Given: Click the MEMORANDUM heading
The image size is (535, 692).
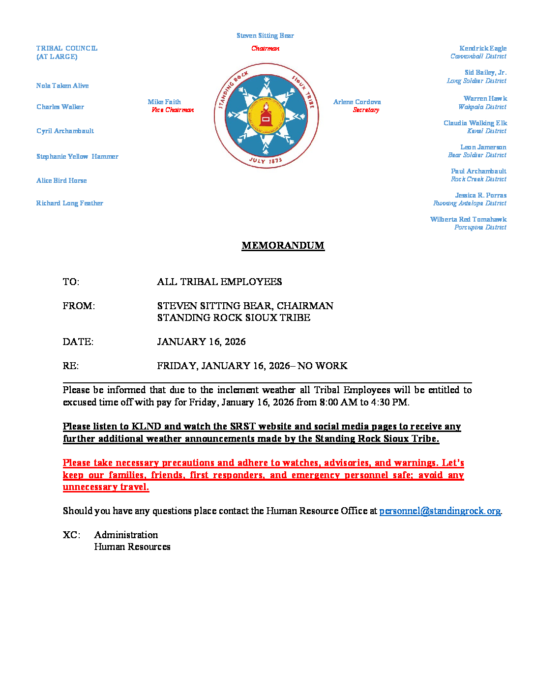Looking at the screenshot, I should point(283,246).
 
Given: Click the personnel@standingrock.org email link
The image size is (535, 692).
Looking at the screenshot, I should point(440,511).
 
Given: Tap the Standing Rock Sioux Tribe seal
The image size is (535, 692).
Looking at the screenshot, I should point(266,116).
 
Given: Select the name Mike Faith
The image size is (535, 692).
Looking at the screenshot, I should point(164,102).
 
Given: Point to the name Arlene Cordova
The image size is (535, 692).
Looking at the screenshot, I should point(357,102).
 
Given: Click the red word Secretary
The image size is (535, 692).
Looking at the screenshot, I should point(366,110).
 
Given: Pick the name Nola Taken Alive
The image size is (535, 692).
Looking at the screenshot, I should point(62,86).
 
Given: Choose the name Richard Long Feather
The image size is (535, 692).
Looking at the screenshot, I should point(69,203).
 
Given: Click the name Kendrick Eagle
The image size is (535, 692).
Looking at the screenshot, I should point(482,48).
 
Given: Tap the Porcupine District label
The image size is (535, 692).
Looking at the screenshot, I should point(480,228).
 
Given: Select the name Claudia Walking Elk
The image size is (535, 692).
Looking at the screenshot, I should point(475,123).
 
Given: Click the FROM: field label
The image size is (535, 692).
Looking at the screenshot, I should point(79,306).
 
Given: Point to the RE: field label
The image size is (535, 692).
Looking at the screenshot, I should point(70,366).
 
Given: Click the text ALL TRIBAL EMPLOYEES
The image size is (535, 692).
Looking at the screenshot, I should point(219,282).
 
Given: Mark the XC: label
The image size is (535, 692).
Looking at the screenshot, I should point(71,535).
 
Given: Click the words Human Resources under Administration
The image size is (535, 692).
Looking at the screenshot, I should point(132,547).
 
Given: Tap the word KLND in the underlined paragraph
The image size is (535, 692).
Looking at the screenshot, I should point(146,427).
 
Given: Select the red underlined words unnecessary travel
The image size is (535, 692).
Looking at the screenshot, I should point(106,487).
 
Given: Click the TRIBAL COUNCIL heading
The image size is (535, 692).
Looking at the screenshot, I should point(67,49).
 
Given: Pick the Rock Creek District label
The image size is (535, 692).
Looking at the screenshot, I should point(478,179).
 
